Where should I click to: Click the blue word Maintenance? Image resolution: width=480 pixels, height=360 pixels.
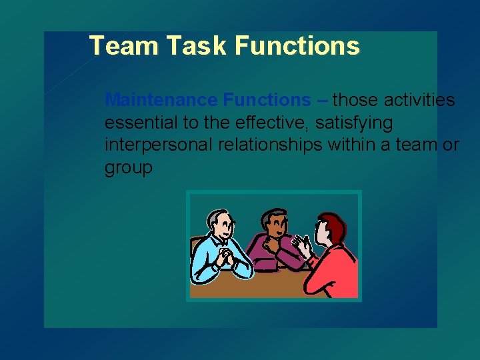click(162, 100)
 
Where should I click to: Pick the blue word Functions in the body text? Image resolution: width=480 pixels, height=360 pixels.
click(267, 100)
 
